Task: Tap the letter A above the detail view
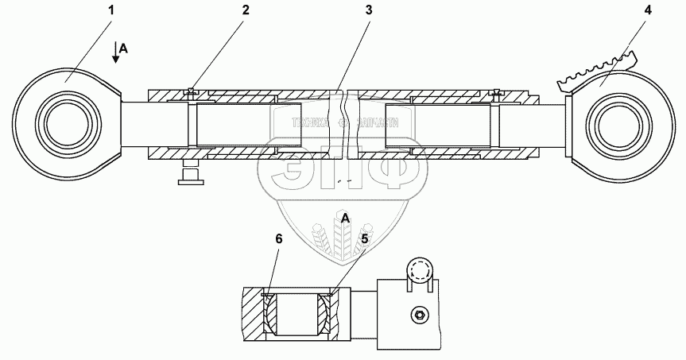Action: point(344,217)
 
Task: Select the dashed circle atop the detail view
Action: point(419,269)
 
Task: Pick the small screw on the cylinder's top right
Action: point(497,92)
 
